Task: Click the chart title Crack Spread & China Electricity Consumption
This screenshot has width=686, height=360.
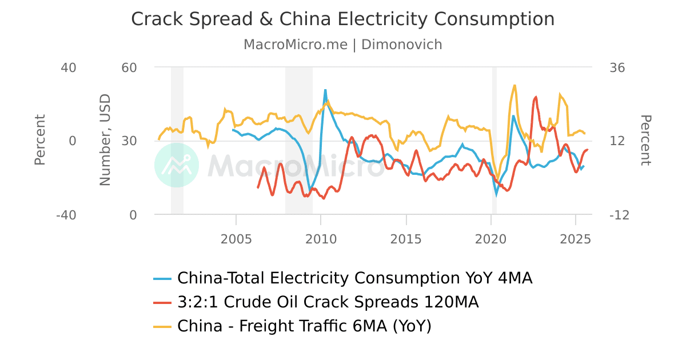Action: (x=342, y=19)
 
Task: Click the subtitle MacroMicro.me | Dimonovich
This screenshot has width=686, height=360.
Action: (x=342, y=45)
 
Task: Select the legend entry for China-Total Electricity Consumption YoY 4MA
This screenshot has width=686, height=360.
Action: (x=354, y=278)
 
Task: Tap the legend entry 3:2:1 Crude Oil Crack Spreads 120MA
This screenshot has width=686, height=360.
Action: (x=328, y=302)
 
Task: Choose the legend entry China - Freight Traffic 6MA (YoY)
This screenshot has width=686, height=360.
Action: (x=304, y=326)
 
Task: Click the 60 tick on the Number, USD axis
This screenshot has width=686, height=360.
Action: (x=129, y=67)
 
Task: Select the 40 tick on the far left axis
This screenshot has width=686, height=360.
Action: (x=69, y=67)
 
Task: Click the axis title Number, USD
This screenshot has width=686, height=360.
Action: (x=105, y=141)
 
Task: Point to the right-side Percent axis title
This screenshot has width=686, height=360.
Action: (x=645, y=141)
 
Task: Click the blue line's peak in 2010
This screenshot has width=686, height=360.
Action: (x=325, y=90)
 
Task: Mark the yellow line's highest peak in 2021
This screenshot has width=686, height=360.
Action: (x=515, y=85)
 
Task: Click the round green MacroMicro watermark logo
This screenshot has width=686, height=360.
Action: (x=177, y=165)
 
